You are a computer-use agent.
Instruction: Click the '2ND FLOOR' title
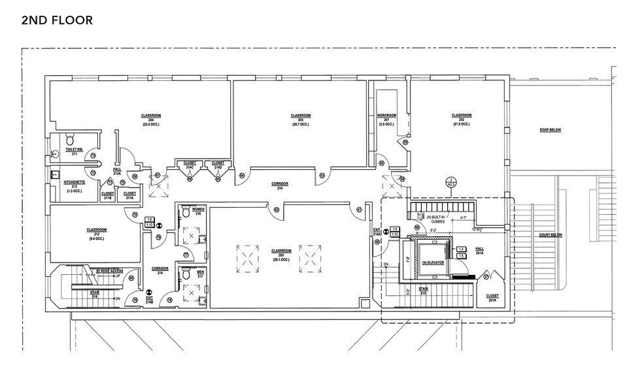tap(57, 20)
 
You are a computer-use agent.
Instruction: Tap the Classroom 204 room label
tap(151, 119)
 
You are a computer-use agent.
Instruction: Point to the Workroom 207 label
tap(387, 120)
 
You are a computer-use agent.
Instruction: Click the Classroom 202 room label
tap(462, 119)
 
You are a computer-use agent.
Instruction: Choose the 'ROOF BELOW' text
tap(550, 130)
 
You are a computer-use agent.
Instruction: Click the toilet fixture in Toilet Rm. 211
tap(69, 138)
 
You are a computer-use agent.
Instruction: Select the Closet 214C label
tap(190, 165)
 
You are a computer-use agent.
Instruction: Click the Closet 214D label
tap(218, 165)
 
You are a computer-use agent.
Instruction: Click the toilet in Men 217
tap(185, 275)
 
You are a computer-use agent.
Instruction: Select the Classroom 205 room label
tap(281, 253)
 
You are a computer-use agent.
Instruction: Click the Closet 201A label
tap(492, 297)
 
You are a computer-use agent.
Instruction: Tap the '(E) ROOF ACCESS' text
tap(109, 270)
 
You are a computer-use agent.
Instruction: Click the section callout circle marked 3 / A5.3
tap(450, 182)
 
